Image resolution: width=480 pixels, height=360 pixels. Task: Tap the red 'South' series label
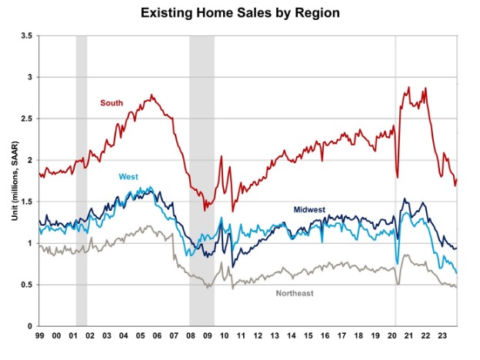coord(112,102)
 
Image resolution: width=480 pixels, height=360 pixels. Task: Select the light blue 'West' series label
coord(128,177)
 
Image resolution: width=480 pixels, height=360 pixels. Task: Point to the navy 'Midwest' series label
coord(309,209)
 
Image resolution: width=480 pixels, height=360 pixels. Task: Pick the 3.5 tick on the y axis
coord(25,35)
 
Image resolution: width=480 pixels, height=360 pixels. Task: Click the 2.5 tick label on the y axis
coord(25,118)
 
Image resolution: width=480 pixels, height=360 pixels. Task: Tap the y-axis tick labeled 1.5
coord(25,202)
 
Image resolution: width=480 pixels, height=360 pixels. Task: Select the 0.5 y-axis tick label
coord(25,285)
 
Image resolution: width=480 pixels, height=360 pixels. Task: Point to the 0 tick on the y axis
coord(30,326)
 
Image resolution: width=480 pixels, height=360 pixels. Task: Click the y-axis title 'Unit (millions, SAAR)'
coord(13,181)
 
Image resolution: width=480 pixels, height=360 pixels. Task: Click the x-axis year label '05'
coord(141,336)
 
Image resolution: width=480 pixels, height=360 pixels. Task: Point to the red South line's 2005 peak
coord(152,95)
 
